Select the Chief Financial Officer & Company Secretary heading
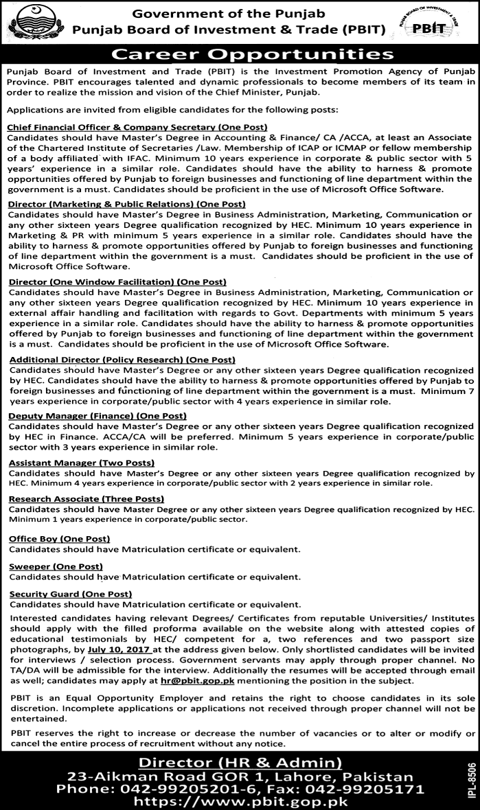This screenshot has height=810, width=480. pos(137,127)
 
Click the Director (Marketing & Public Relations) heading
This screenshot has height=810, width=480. pos(126,204)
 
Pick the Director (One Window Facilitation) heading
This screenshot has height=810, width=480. pos(117,282)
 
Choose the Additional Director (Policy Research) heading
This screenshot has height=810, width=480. pos(122,360)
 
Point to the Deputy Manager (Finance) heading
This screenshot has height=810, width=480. pos(98,416)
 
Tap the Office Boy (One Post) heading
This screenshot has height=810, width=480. pos(59,539)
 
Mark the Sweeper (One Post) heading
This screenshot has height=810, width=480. pos(56,566)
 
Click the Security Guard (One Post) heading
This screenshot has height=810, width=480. pos(70,594)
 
